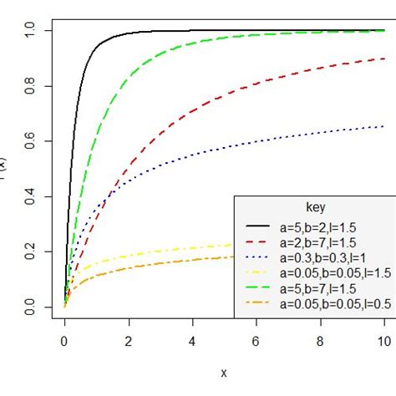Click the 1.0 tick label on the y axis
pos(29,30)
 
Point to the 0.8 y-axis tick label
pos(29,86)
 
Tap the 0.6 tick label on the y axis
pos(29,142)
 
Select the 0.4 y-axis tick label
pos(29,198)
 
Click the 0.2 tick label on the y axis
pos(29,253)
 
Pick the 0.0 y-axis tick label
pos(29,309)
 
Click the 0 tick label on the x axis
pos(64,341)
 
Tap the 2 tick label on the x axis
pos(129,341)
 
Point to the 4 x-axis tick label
pos(192,341)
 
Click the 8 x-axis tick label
pos(320,341)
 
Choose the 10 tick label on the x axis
pos(383,341)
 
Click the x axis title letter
pos(224,373)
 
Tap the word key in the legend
pos(317,206)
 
